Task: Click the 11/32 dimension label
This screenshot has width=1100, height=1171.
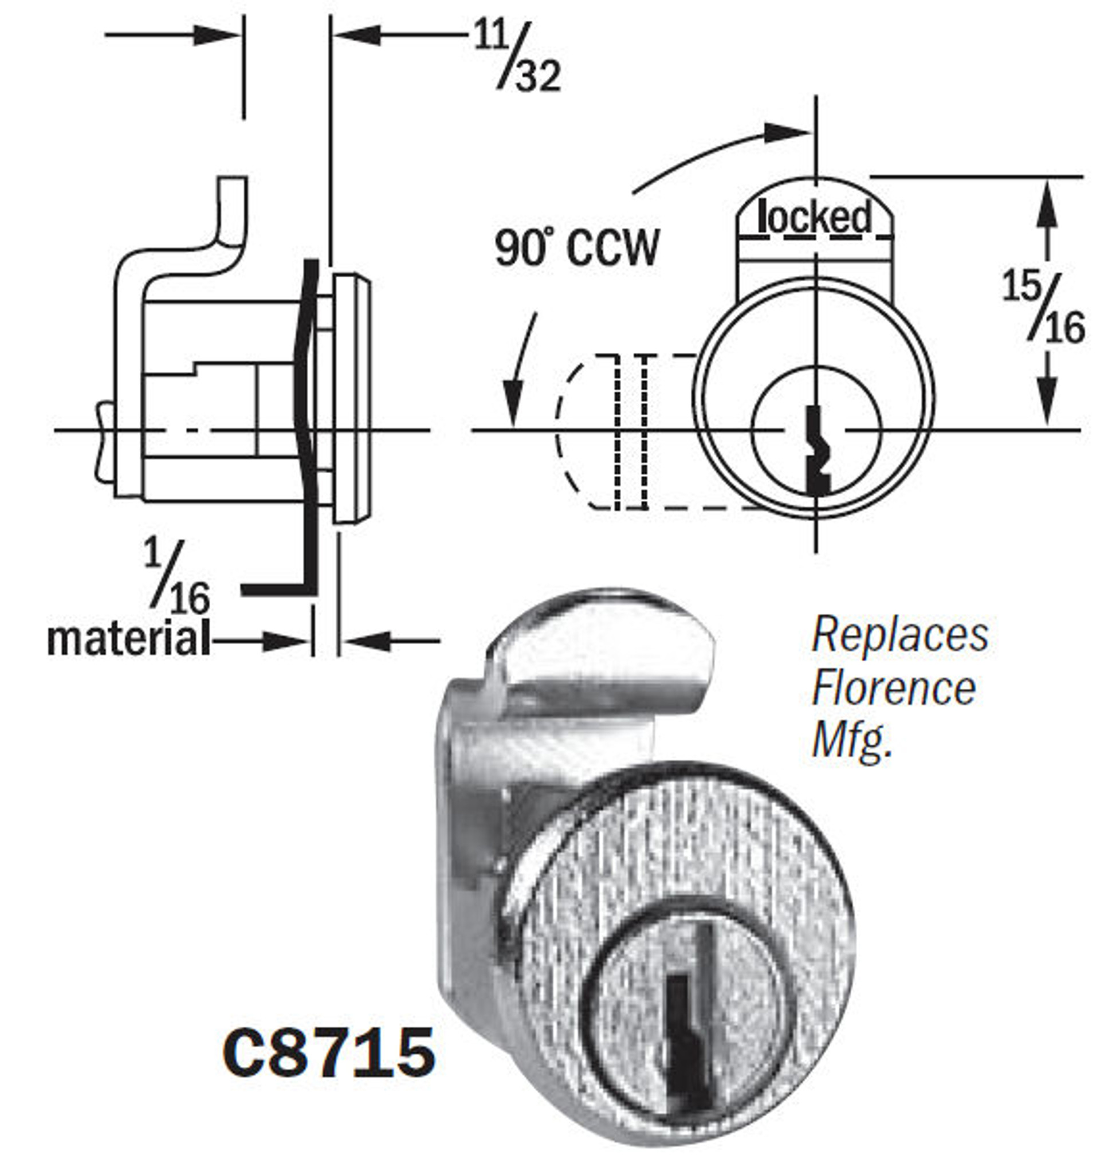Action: click(517, 58)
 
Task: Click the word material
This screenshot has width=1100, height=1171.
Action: click(128, 640)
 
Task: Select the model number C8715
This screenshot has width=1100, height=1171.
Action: click(329, 1052)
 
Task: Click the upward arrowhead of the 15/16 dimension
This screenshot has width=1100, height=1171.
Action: click(1047, 203)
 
